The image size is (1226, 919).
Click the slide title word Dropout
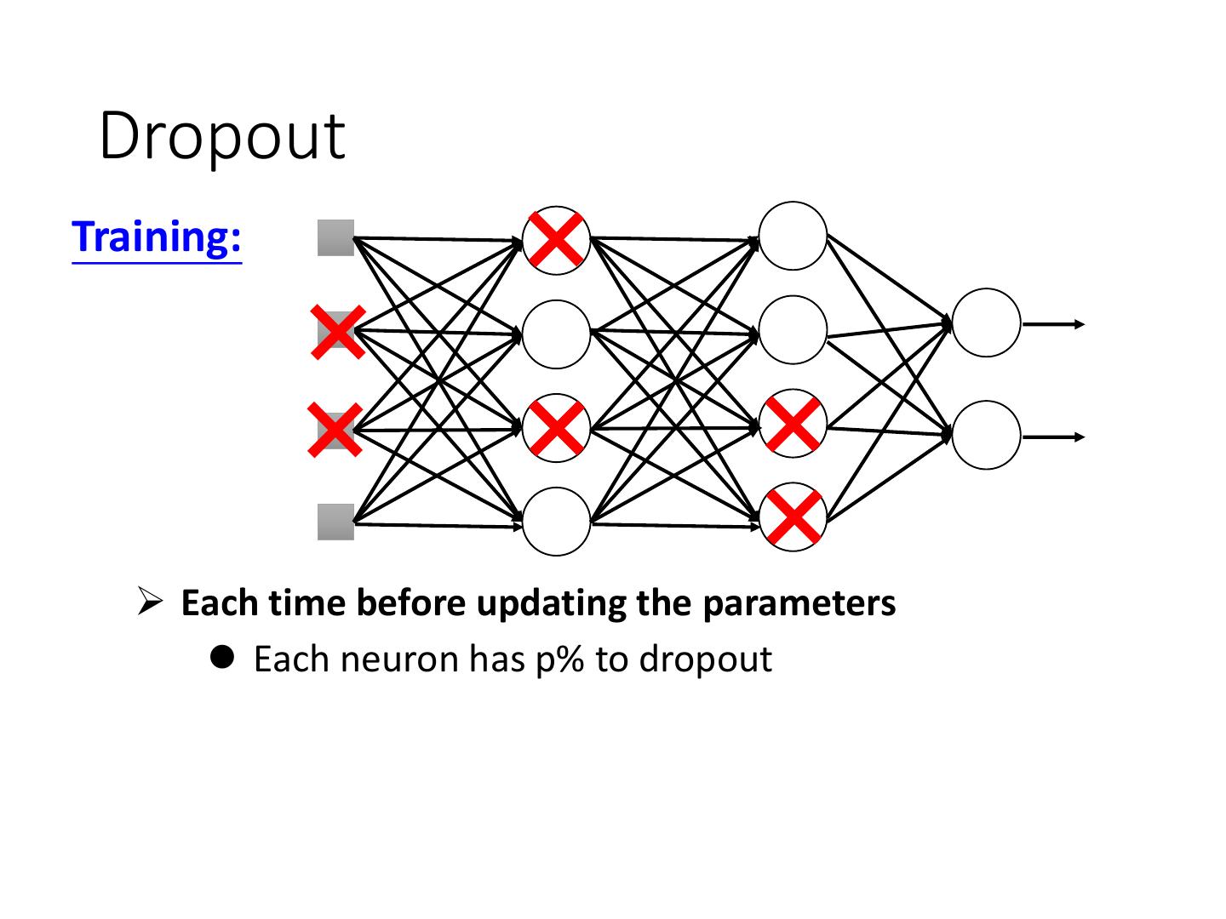point(222,135)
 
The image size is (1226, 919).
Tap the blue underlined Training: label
point(158,237)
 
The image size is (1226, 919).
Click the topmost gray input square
point(335,237)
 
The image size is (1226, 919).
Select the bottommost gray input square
point(335,522)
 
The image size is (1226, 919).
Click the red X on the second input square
point(338,331)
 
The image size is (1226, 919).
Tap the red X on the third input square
point(335,430)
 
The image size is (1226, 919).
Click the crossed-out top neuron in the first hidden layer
point(556,240)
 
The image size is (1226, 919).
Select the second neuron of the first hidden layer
point(556,334)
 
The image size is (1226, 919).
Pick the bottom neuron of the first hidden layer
point(556,522)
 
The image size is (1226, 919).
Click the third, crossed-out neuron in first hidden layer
point(556,428)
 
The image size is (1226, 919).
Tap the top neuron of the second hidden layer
point(793,236)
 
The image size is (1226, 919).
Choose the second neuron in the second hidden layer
point(793,329)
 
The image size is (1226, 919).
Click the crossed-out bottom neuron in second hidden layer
point(793,517)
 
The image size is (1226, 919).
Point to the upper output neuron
point(986,323)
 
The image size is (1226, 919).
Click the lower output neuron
point(986,435)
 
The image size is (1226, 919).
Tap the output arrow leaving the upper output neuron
point(1054,324)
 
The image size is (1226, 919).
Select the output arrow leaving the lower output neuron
point(1054,437)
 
